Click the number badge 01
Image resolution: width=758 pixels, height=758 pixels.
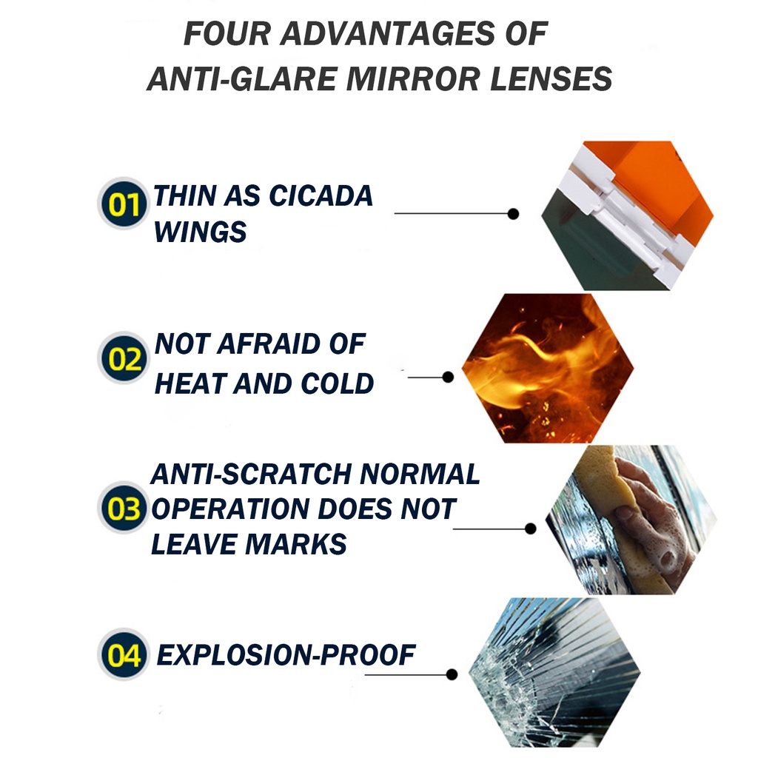click(x=124, y=204)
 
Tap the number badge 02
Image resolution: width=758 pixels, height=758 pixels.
click(x=124, y=358)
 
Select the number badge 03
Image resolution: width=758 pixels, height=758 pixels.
click(x=124, y=508)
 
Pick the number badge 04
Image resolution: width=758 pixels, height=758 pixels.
click(x=124, y=654)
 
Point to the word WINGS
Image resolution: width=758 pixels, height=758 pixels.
click(x=200, y=232)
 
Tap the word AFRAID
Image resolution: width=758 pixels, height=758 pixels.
click(x=268, y=344)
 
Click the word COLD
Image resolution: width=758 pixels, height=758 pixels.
click(x=337, y=384)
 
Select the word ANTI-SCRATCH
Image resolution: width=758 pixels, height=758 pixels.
click(x=251, y=474)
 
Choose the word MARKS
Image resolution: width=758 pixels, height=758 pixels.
click(x=296, y=544)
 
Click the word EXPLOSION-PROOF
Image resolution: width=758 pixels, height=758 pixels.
click(x=286, y=655)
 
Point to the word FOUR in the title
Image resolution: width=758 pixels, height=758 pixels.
click(x=227, y=34)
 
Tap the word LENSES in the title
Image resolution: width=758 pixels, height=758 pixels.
click(x=551, y=78)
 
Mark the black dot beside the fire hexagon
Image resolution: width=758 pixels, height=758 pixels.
click(x=448, y=377)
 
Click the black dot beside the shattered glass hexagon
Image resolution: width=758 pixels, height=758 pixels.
click(x=452, y=674)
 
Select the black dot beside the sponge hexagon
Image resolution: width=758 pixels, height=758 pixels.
click(x=530, y=529)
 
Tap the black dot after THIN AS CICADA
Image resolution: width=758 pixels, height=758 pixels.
click(x=514, y=213)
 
